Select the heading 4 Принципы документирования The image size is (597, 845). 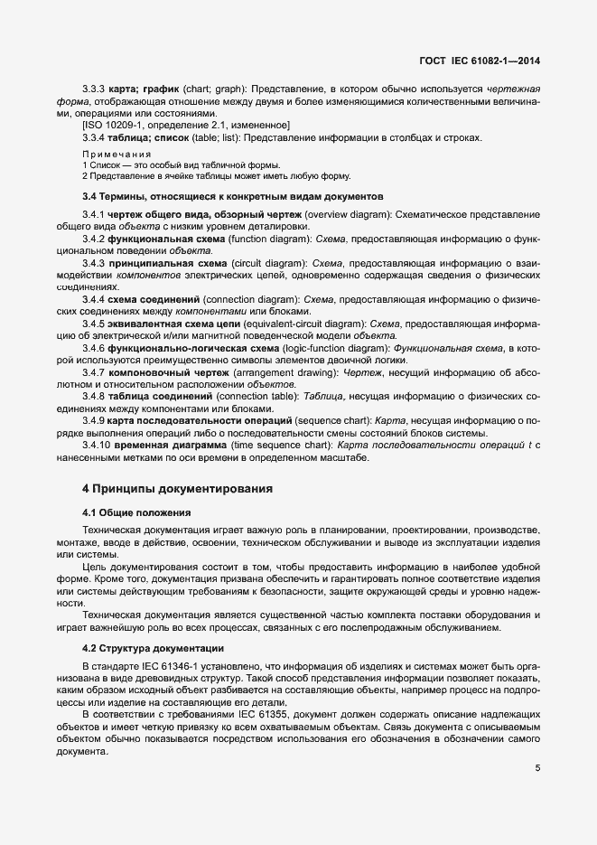[x=177, y=489]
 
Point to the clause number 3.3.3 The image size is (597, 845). [x=94, y=90]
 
